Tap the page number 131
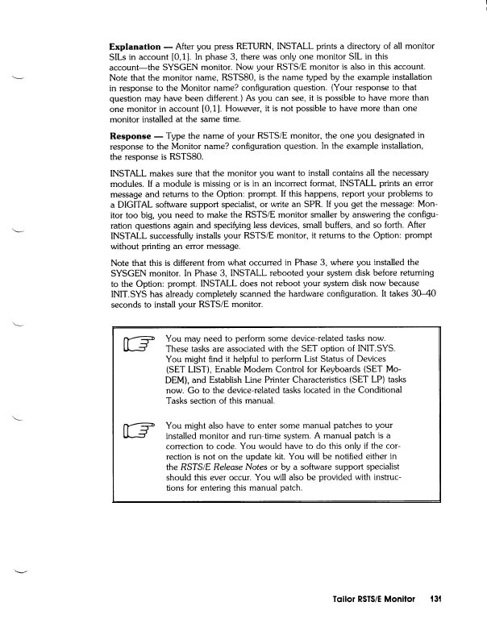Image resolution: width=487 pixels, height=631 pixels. pos(437,600)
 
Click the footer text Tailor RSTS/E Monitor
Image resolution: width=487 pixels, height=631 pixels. pos(377,600)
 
